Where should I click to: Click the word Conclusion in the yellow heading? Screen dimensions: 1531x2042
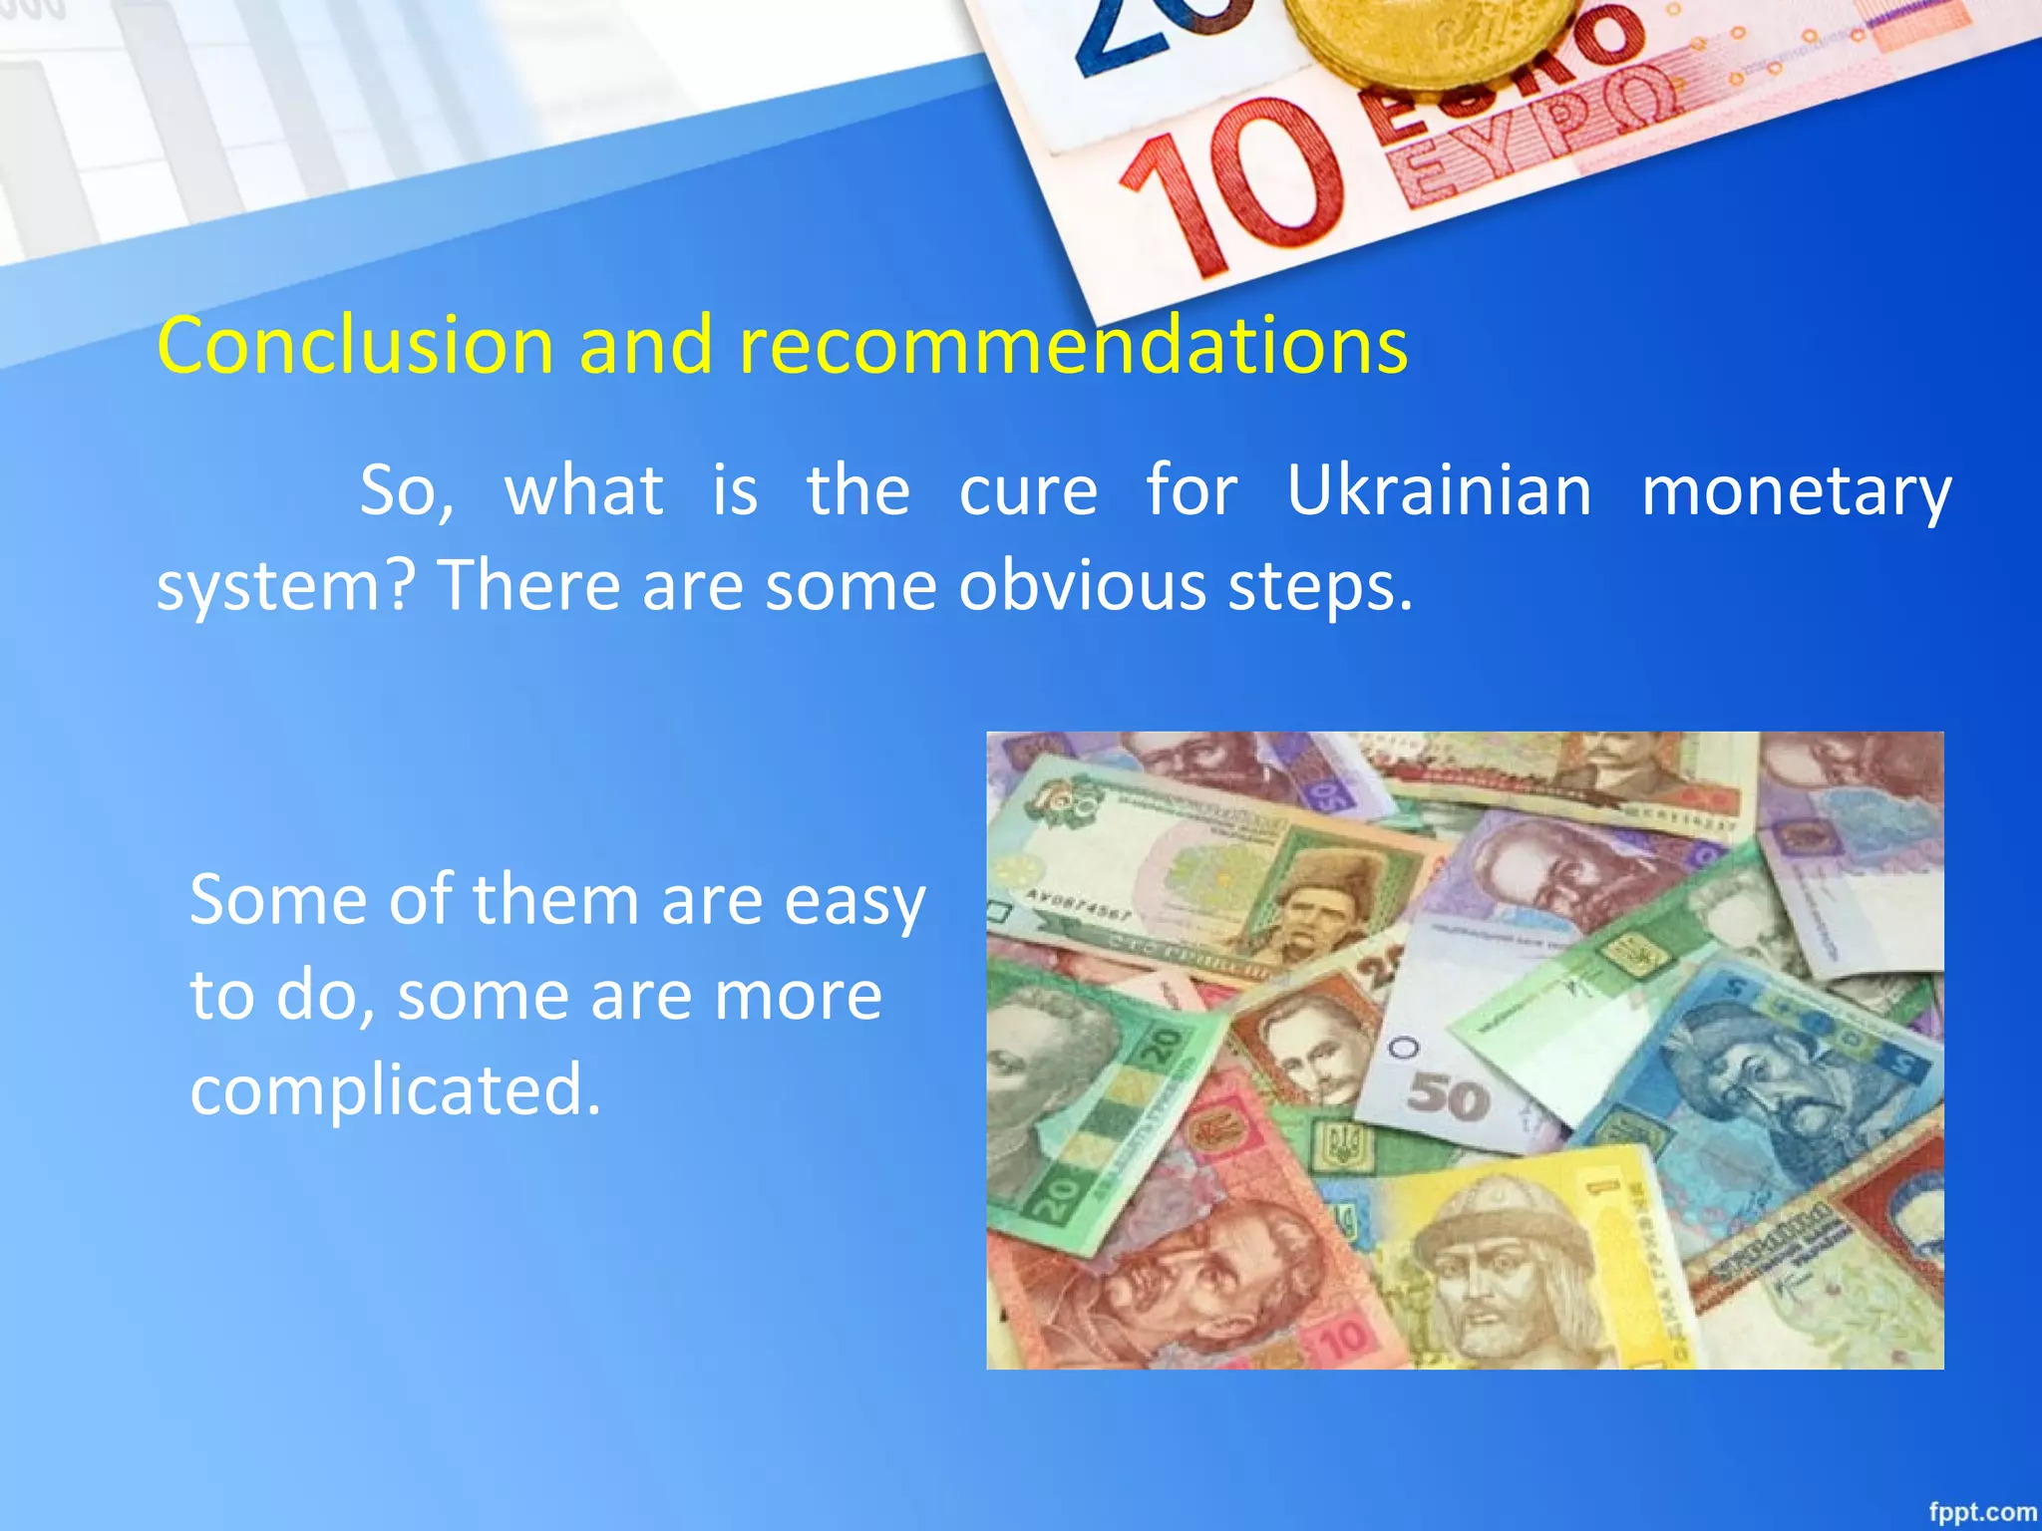[x=355, y=345]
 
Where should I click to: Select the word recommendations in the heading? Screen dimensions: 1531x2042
[x=1073, y=345]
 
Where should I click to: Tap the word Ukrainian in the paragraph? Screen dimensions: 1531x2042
[x=1439, y=490]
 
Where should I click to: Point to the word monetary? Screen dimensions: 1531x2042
[x=1796, y=492]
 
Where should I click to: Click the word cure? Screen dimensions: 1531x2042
[x=1028, y=490]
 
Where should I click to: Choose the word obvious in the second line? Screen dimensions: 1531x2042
[x=1082, y=585]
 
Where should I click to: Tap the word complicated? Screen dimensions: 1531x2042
[x=396, y=1088]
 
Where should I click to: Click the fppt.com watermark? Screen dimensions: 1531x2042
[x=1982, y=1511]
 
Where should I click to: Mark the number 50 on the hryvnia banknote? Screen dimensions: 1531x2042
[x=1448, y=1096]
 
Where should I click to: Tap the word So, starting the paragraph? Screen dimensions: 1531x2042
[x=406, y=490]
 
